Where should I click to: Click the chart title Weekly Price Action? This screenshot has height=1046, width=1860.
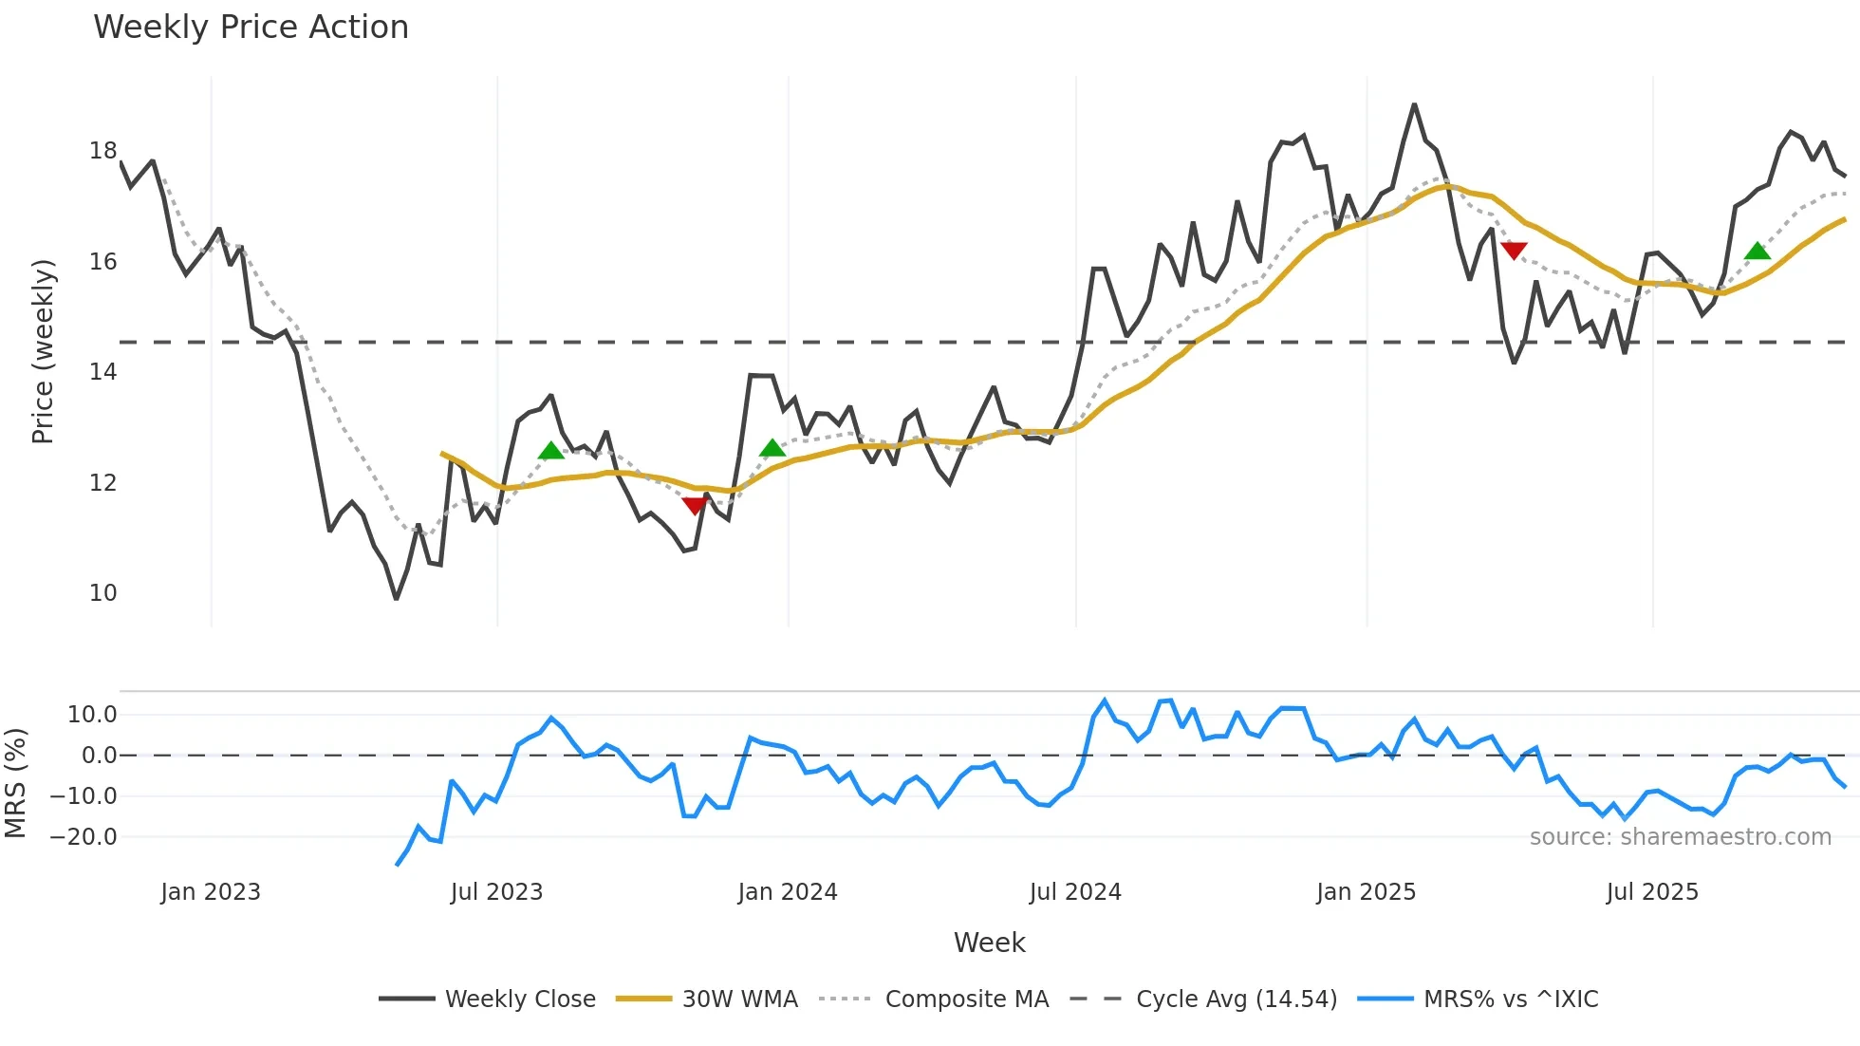tap(251, 28)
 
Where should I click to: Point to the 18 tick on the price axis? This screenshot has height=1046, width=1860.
tap(103, 151)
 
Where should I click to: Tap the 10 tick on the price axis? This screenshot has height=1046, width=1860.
tap(103, 593)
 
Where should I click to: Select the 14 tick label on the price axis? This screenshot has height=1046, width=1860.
tap(103, 372)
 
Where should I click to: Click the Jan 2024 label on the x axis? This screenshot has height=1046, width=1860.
tap(788, 892)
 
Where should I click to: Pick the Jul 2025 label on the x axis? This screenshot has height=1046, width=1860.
tap(1652, 892)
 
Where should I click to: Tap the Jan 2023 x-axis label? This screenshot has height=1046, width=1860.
tap(211, 892)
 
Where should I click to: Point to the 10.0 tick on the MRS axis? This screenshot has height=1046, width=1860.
tap(92, 715)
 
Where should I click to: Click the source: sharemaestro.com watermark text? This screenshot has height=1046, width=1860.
tap(1681, 837)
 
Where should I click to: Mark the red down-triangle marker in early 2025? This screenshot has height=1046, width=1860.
tap(1514, 251)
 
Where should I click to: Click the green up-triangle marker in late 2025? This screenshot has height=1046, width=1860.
tap(1758, 251)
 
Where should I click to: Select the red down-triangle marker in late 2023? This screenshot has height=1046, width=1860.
tap(695, 506)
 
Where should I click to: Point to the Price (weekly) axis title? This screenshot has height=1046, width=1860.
tap(43, 351)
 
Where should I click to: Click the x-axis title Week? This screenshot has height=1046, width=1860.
tap(989, 943)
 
